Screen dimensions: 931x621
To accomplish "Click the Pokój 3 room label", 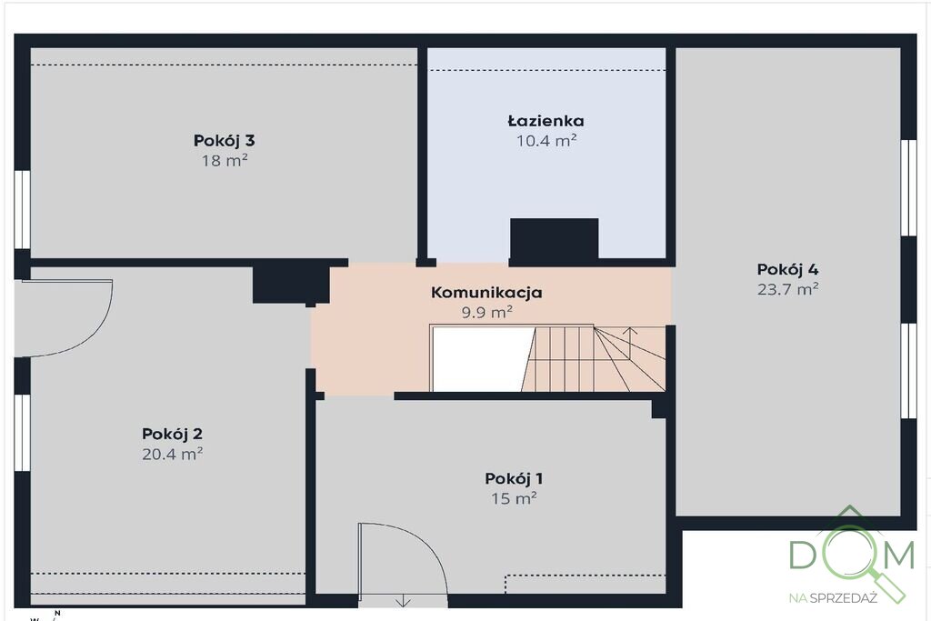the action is pyautogui.click(x=224, y=141).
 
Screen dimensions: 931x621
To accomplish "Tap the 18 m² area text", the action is pyautogui.click(x=224, y=160).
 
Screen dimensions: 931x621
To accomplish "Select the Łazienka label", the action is pyautogui.click(x=546, y=121).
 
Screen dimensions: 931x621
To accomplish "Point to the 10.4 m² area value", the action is pyautogui.click(x=546, y=141).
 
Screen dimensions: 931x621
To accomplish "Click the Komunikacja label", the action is pyautogui.click(x=486, y=292).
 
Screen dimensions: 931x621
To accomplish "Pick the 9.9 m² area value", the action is pyautogui.click(x=487, y=312).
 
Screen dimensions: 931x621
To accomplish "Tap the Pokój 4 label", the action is pyautogui.click(x=787, y=269).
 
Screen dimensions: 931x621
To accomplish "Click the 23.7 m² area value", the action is pyautogui.click(x=788, y=289).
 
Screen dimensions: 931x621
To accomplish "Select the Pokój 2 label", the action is pyautogui.click(x=172, y=434).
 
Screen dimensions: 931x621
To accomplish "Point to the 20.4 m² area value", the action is pyautogui.click(x=172, y=455).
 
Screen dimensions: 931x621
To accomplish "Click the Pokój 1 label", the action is pyautogui.click(x=514, y=478).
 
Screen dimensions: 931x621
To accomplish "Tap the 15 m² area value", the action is pyautogui.click(x=514, y=498).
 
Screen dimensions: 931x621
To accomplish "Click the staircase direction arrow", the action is pyautogui.click(x=629, y=343).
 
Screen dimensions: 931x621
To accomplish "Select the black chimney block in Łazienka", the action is pyautogui.click(x=554, y=240).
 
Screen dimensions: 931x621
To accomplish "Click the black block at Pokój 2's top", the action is pyautogui.click(x=291, y=285).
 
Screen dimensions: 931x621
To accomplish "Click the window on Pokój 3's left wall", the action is pyautogui.click(x=22, y=209).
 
